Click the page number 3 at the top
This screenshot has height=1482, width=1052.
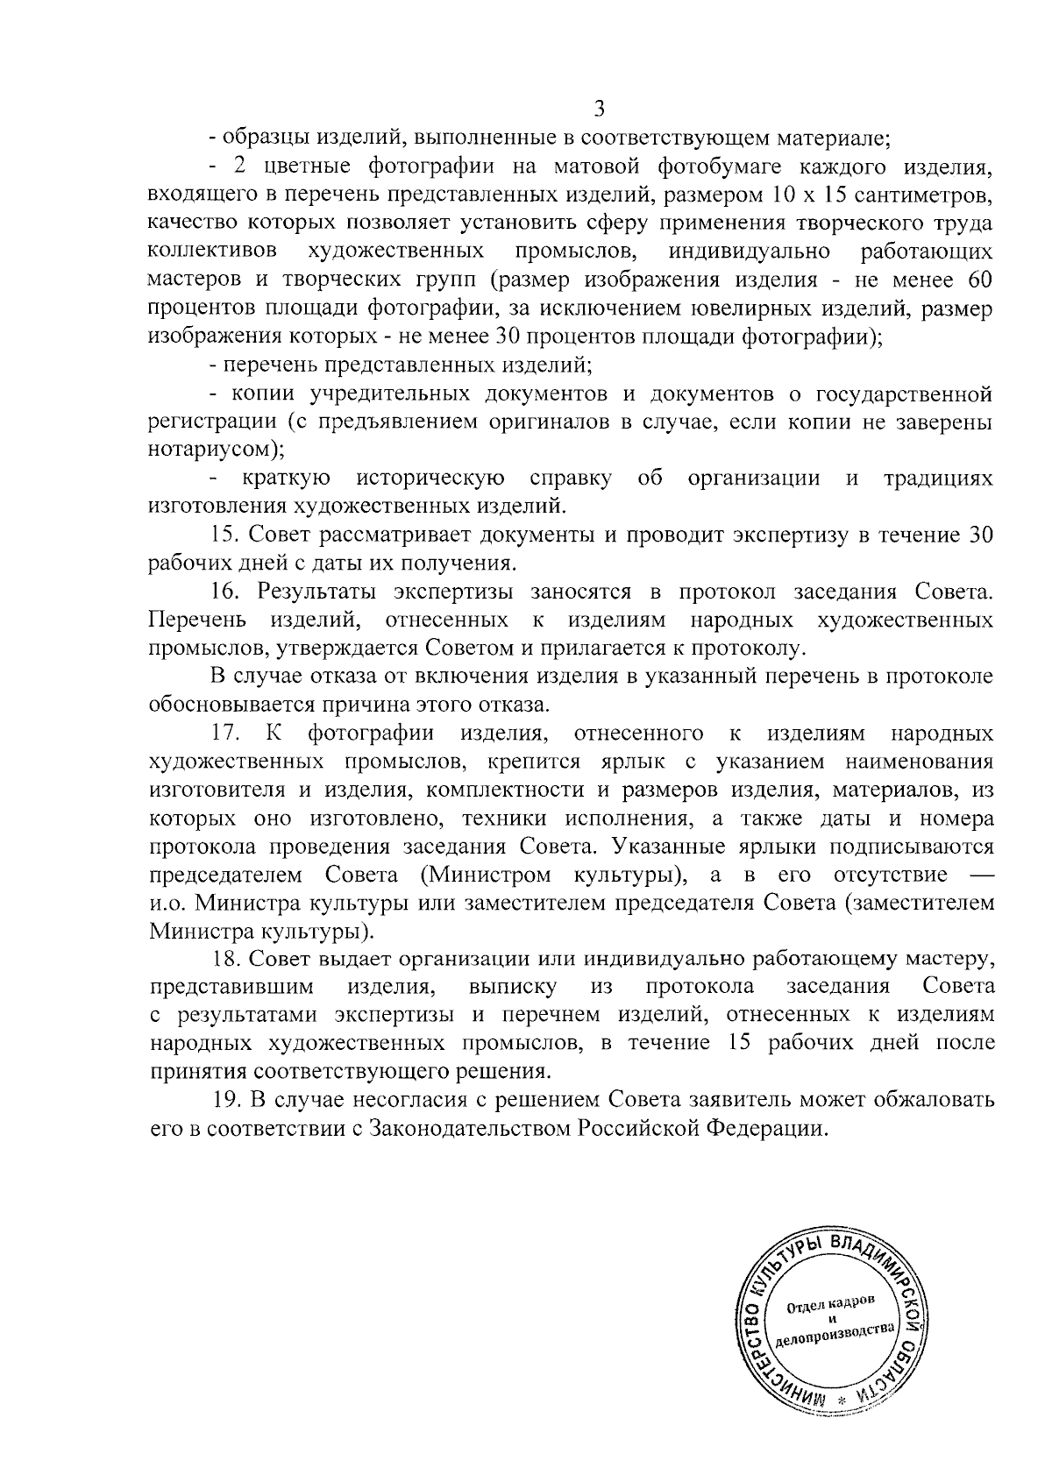point(600,109)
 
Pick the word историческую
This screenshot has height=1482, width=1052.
point(430,479)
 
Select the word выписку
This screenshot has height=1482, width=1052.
point(513,988)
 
